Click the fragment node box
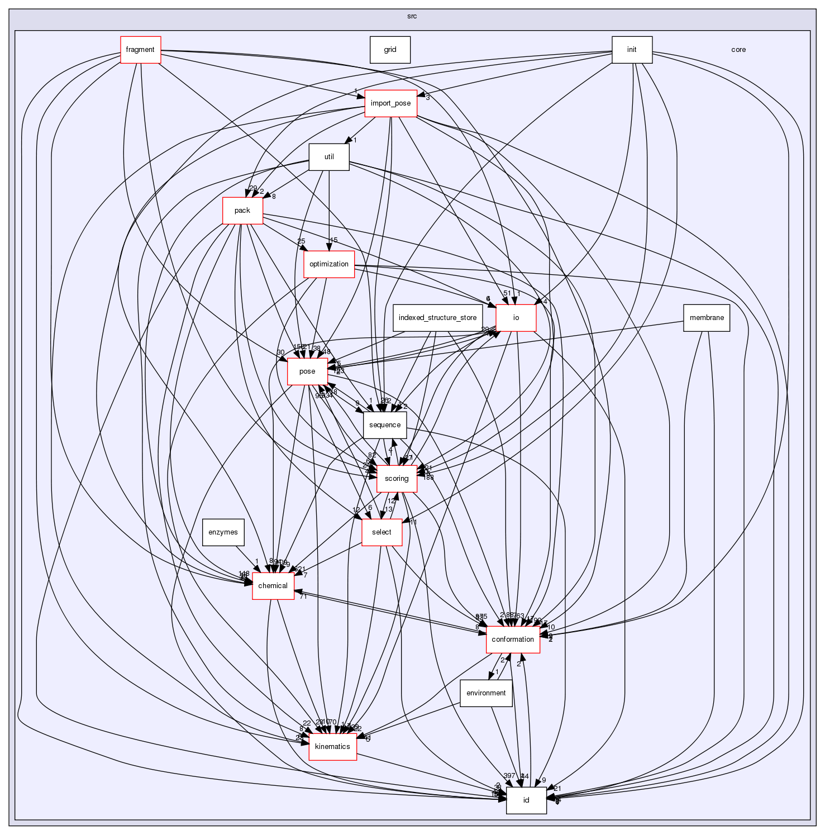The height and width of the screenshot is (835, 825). click(x=140, y=50)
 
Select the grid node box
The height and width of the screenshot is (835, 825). click(x=390, y=50)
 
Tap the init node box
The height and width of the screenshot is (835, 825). click(x=632, y=50)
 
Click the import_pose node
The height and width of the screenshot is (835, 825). click(x=391, y=103)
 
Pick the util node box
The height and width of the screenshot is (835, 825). click(x=329, y=157)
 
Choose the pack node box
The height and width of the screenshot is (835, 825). click(x=242, y=211)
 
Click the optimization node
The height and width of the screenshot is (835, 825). click(x=329, y=264)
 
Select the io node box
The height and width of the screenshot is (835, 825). click(x=516, y=318)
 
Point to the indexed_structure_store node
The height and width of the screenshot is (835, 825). click(x=437, y=318)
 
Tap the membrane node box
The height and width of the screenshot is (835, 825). click(x=707, y=318)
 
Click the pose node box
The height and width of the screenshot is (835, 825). click(x=307, y=371)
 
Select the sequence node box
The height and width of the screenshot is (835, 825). click(x=385, y=425)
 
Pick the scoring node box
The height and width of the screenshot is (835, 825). click(x=397, y=479)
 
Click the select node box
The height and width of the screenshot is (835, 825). click(x=382, y=532)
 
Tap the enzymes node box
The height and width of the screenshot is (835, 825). click(x=223, y=532)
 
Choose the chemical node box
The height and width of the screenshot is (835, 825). click(x=273, y=586)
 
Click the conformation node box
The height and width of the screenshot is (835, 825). click(x=513, y=640)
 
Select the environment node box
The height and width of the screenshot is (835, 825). click(x=486, y=693)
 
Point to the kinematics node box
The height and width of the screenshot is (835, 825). click(x=333, y=747)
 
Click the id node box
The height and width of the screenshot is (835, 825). click(x=526, y=800)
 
